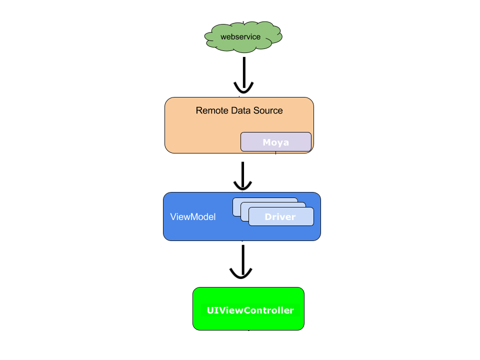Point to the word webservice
point(240,37)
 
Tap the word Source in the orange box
point(268,110)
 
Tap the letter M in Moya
point(267,142)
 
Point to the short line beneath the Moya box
point(275,152)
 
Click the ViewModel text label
point(193,217)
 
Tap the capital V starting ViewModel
point(173,217)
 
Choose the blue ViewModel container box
point(200,230)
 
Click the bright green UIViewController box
point(248,322)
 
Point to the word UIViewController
point(250,310)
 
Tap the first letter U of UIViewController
point(210,310)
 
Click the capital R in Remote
point(198,110)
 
